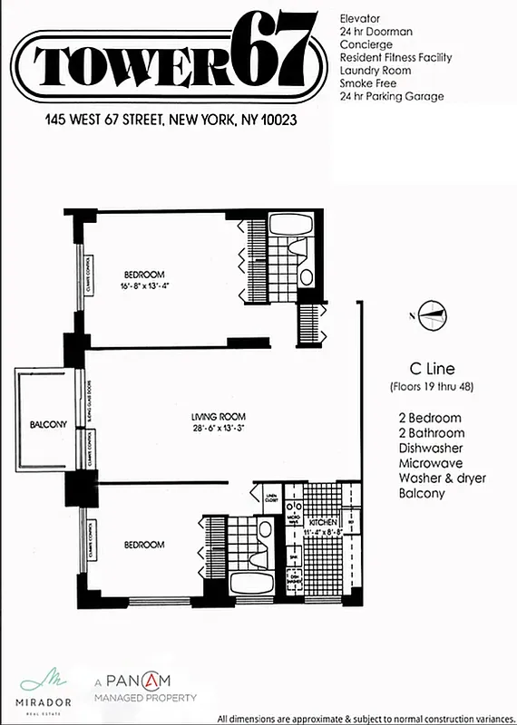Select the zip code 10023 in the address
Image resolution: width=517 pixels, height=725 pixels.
[278, 119]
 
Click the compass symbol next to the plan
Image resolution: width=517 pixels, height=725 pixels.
[432, 314]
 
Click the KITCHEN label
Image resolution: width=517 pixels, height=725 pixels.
[323, 523]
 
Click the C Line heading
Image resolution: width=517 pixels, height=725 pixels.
[432, 369]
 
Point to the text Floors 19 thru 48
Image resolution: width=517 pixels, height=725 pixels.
[432, 387]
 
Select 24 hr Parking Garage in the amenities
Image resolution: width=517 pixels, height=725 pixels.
[391, 96]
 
